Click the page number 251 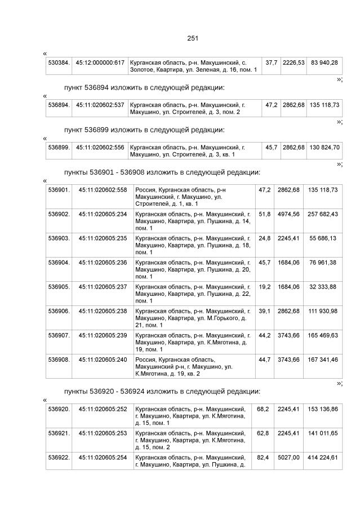[x=193, y=38]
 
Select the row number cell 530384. [x=59, y=62]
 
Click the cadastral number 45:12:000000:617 [x=100, y=62]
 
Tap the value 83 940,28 [x=324, y=62]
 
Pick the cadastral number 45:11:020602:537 [x=100, y=105]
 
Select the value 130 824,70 [x=324, y=147]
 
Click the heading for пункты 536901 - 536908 [x=162, y=172]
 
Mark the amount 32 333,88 [x=323, y=287]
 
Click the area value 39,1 [x=264, y=311]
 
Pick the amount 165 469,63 [x=323, y=335]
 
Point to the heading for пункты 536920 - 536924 [x=162, y=391]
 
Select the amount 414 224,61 [x=323, y=458]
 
